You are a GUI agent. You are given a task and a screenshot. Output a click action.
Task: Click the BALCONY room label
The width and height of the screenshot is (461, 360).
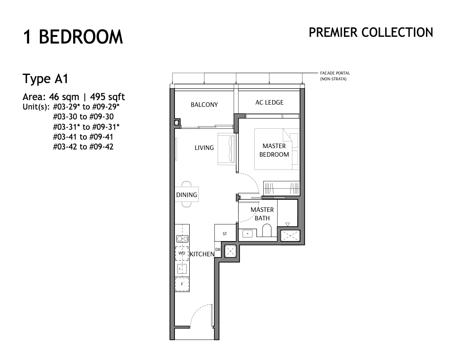coord(204,105)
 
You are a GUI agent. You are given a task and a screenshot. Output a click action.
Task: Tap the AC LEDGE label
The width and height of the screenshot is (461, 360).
coord(270,102)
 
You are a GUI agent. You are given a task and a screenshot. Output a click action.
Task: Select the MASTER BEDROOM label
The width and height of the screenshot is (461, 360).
coord(274,150)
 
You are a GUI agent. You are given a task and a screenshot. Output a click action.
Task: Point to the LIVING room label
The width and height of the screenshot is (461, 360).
coord(204,148)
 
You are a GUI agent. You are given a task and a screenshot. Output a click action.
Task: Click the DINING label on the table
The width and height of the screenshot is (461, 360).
coord(187,195)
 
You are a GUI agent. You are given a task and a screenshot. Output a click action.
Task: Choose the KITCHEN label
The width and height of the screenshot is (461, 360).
coord(202,254)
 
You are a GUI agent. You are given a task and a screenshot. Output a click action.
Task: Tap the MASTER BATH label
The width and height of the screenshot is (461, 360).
coord(262,214)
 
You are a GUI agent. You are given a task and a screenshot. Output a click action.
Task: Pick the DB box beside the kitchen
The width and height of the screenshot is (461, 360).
coord(218,250)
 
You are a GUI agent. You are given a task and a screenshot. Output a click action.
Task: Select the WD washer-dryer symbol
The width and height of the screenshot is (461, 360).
coord(182,253)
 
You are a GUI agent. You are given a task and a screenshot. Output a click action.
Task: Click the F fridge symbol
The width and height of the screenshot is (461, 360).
coord(182,284)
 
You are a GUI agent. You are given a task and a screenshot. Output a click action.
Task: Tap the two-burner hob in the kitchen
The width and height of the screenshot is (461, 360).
coord(182,239)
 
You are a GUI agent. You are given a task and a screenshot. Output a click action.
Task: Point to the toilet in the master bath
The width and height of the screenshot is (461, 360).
coord(267,230)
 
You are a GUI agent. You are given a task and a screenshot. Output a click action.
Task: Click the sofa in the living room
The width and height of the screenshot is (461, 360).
coord(226,149)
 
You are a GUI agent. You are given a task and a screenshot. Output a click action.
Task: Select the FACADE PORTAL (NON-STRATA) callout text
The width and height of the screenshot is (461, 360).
coord(335,76)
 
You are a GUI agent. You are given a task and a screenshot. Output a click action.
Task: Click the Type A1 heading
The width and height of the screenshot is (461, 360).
coord(46,79)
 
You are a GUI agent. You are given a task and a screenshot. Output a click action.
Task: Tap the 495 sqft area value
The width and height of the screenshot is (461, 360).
coord(107,97)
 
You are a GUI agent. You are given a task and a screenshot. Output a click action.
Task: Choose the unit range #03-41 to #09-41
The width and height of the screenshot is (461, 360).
coord(83,137)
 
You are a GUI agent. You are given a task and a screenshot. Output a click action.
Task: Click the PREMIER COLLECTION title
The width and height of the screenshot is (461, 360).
coord(371,32)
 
